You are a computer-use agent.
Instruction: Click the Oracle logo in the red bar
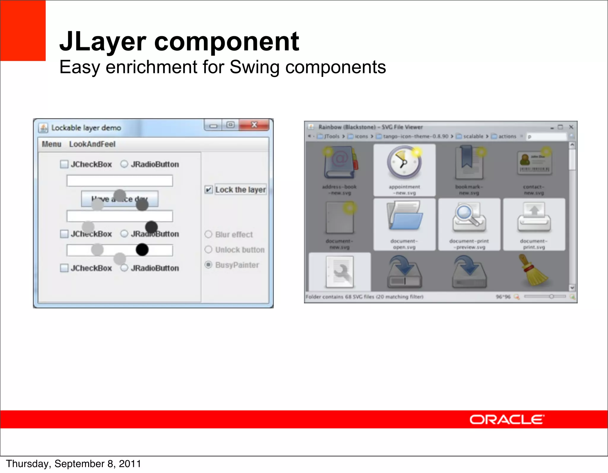click(x=507, y=420)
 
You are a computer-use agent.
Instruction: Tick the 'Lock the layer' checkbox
click(x=209, y=189)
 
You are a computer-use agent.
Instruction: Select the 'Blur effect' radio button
click(x=208, y=234)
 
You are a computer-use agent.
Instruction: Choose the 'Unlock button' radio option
click(x=208, y=249)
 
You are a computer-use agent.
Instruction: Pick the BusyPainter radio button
click(x=208, y=265)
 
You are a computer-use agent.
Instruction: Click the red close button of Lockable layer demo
click(x=254, y=125)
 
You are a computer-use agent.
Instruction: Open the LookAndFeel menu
click(x=92, y=144)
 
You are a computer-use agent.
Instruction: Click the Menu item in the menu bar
click(x=51, y=144)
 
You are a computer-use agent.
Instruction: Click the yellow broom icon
click(x=533, y=270)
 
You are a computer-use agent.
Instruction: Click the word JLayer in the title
click(x=103, y=41)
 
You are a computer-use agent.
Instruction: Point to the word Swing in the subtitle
click(x=254, y=67)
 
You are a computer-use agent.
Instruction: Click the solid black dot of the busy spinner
click(x=142, y=249)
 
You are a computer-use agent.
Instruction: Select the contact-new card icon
click(x=534, y=163)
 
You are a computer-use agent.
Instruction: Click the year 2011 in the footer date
click(x=130, y=464)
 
